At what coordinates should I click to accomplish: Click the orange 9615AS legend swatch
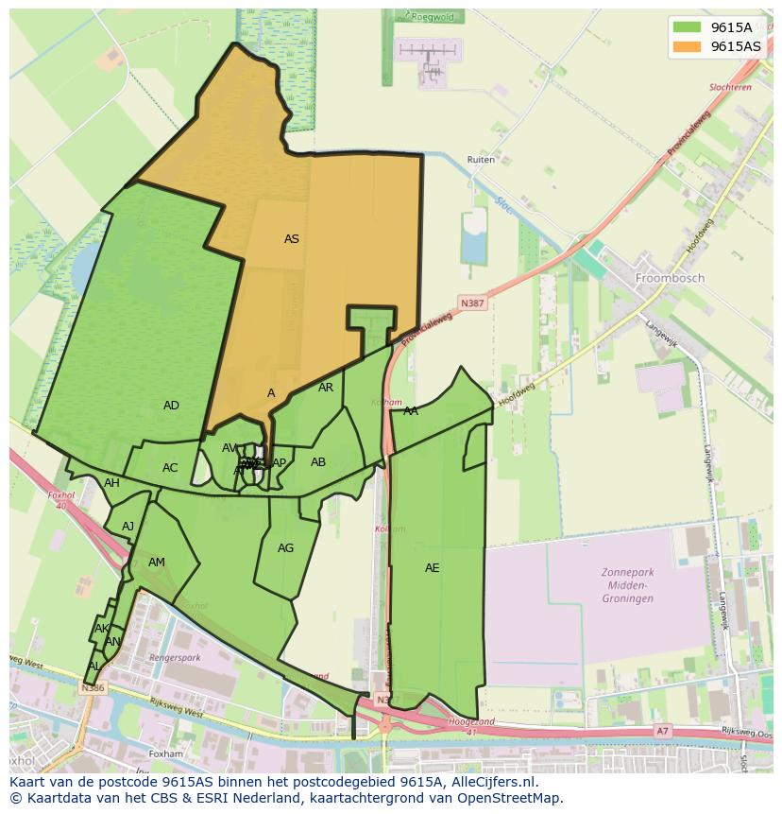coord(687,46)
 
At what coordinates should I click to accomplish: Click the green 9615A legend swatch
coord(687,27)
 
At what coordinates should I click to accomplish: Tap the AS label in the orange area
coord(292,239)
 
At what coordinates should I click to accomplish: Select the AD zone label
coord(171,406)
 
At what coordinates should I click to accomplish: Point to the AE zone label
coord(432,568)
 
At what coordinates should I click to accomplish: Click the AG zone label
coord(285,548)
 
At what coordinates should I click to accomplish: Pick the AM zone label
coord(157,563)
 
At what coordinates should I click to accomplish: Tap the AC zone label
coord(170,468)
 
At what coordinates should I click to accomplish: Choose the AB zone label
coord(318,462)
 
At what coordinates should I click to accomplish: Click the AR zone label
coord(326,388)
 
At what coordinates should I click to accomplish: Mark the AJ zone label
coord(128,527)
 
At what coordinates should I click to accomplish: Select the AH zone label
coord(111,483)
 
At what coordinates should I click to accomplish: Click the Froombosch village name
coord(670,279)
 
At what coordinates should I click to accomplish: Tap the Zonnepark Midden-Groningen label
coord(627,585)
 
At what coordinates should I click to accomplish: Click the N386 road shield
coord(93,688)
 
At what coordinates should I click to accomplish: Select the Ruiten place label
coord(481,160)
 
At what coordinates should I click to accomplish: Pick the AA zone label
coord(411,411)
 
